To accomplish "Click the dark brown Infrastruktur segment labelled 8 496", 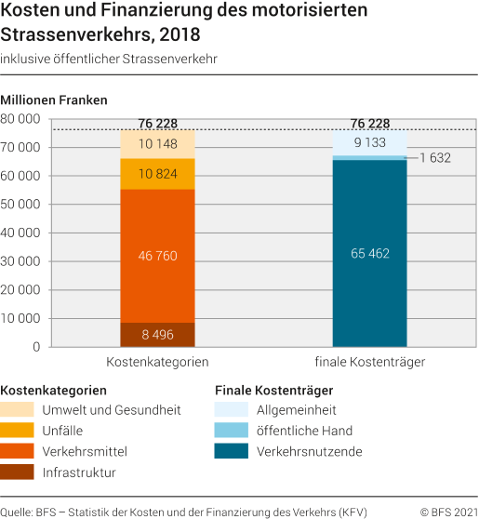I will tap(157, 335).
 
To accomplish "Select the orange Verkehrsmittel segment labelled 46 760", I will tap(157, 256).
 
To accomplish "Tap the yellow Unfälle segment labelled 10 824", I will tap(157, 174).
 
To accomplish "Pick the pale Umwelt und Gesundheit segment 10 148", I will tap(157, 144).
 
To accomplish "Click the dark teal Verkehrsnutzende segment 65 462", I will tap(369, 251).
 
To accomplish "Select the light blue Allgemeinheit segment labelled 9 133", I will tap(369, 143).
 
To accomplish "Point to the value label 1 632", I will tap(434, 158).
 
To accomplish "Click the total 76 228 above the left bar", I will tap(157, 124).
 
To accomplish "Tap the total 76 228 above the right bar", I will tap(369, 124).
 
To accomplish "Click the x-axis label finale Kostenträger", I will tap(369, 362).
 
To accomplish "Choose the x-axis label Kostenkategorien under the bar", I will tap(157, 362).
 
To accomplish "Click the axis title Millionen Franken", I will tap(54, 100).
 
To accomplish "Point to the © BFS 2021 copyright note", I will tap(449, 512).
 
